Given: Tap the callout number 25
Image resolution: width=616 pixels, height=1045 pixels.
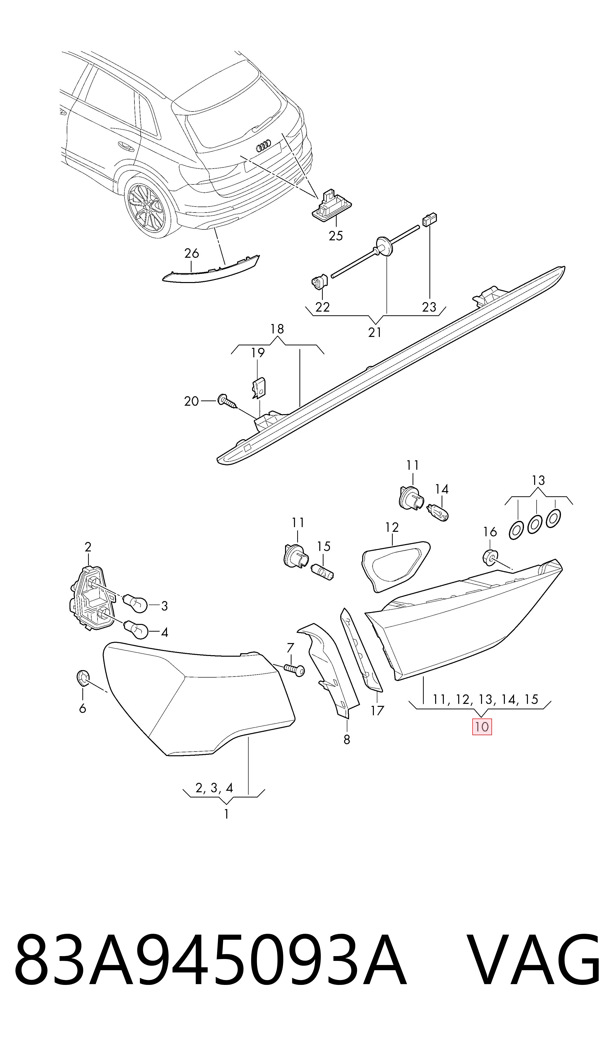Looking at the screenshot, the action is pos(336,236).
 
